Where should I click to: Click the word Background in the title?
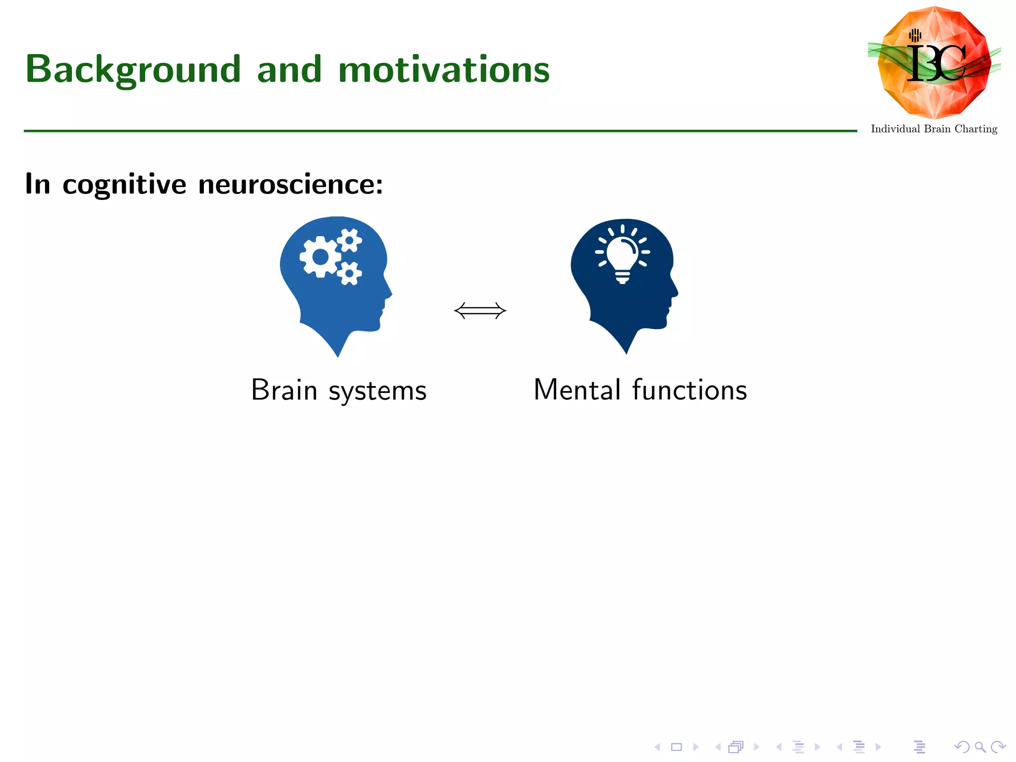[133, 70]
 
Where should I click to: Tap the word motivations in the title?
[444, 70]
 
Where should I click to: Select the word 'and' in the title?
[289, 70]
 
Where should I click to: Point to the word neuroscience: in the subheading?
[291, 185]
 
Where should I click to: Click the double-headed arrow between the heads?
[480, 311]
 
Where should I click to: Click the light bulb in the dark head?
[623, 257]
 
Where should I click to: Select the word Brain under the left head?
[284, 390]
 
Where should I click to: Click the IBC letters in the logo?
[936, 63]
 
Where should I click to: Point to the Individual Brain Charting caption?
[934, 129]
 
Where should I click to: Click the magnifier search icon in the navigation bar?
[980, 747]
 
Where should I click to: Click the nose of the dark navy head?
[676, 293]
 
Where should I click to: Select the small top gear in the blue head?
[350, 241]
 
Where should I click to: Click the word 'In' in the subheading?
[38, 185]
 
